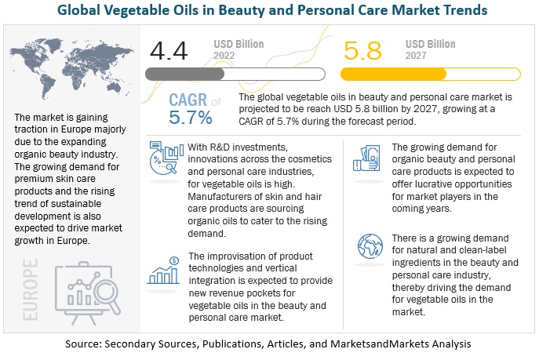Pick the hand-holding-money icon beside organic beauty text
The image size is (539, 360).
click(x=368, y=161)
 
